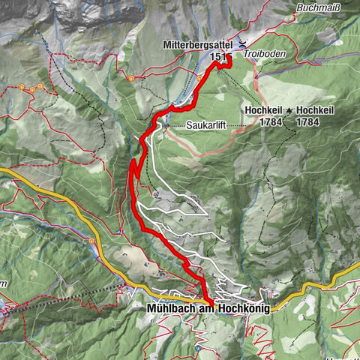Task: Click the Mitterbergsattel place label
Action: pyautogui.click(x=199, y=45)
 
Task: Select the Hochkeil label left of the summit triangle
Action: pyautogui.click(x=262, y=109)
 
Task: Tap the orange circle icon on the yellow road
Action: pyautogui.click(x=91, y=241)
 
